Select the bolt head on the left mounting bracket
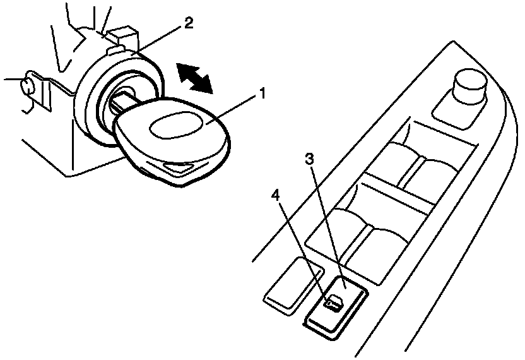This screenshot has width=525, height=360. click(28, 85)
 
